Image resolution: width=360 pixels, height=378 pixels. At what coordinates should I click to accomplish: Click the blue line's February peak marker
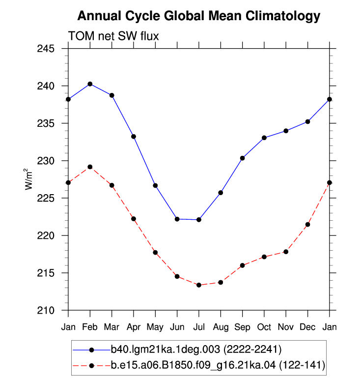(90, 84)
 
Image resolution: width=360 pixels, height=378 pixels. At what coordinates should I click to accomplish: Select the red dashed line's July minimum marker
(199, 285)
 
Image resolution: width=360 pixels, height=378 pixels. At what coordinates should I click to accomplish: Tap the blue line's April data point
(134, 137)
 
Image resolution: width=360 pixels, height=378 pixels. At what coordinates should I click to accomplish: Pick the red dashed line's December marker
(308, 225)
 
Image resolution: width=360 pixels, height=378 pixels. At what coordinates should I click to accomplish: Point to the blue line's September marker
(243, 158)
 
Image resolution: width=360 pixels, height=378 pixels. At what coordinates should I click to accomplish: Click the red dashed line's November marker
(286, 252)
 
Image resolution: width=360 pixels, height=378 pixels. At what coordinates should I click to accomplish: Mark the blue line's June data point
(177, 219)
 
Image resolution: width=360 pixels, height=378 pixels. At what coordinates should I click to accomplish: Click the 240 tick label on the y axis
(46, 86)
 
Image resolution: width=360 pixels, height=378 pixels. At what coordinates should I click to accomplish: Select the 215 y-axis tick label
(46, 273)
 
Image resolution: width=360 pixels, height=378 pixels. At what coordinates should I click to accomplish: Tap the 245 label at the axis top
(46, 49)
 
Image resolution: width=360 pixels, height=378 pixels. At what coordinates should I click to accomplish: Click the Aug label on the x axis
(221, 327)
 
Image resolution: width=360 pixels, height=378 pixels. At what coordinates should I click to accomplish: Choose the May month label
(155, 327)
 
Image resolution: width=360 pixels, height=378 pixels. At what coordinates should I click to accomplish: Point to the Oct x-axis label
(264, 327)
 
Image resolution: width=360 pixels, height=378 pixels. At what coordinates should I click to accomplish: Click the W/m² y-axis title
(28, 179)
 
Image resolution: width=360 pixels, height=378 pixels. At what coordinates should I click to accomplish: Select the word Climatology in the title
(283, 16)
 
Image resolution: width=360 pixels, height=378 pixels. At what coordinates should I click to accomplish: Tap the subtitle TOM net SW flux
(113, 36)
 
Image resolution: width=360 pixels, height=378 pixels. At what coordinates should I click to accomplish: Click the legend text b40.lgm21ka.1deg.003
(165, 349)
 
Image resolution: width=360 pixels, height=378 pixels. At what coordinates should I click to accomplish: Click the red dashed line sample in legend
(91, 366)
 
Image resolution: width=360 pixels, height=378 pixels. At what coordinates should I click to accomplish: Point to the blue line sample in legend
(91, 350)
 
